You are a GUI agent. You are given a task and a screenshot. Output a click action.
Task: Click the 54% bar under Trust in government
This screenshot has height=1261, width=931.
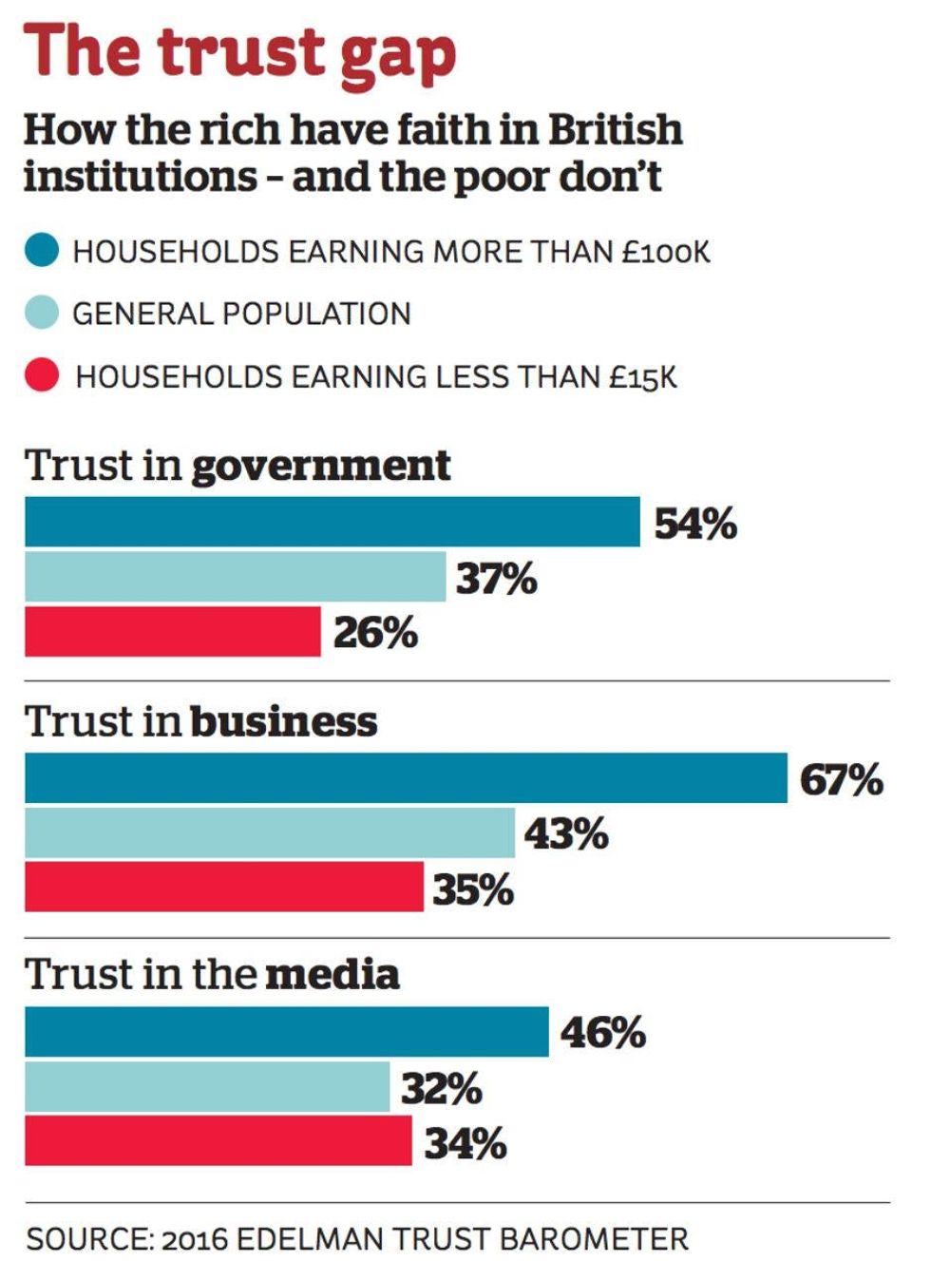(x=332, y=522)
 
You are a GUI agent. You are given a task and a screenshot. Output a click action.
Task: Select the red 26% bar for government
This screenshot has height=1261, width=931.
(x=173, y=632)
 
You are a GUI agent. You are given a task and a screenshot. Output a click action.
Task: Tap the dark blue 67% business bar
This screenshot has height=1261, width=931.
(x=406, y=778)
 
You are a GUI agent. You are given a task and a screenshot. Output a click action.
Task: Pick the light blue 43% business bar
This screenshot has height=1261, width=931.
(x=270, y=833)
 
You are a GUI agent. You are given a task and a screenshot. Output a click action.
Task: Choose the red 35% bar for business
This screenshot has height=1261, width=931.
(x=224, y=887)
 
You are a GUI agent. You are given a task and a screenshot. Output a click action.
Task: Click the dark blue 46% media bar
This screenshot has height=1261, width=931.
(x=287, y=1032)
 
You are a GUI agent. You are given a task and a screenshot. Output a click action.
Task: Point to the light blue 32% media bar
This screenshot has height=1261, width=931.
(x=207, y=1087)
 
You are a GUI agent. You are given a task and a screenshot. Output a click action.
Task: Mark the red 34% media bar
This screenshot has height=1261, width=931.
(x=218, y=1140)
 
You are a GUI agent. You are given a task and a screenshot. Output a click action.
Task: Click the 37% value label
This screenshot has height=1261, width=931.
(x=496, y=579)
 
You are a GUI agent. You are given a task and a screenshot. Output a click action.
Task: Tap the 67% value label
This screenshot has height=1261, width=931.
(x=841, y=780)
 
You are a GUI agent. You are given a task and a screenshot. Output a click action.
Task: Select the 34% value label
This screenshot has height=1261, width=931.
(x=465, y=1142)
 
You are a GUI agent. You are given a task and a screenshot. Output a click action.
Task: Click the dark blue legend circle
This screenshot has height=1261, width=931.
(x=42, y=251)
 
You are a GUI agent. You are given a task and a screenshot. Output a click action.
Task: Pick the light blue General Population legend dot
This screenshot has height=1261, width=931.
(x=42, y=313)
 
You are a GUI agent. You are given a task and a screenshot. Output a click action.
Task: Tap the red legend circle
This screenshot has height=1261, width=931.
(x=42, y=375)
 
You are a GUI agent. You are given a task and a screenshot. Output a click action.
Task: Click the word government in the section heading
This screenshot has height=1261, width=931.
(x=321, y=466)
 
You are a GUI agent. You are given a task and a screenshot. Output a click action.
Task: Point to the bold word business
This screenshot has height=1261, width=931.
(x=283, y=721)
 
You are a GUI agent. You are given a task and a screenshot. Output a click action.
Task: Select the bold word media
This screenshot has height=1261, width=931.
(x=332, y=975)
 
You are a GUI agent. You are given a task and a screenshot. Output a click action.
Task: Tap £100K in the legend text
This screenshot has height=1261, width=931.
(x=666, y=252)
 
